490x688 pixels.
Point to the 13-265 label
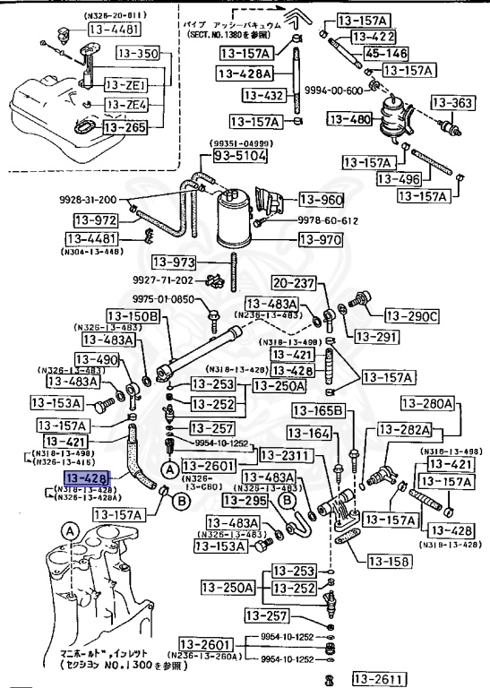coord(125,128)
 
